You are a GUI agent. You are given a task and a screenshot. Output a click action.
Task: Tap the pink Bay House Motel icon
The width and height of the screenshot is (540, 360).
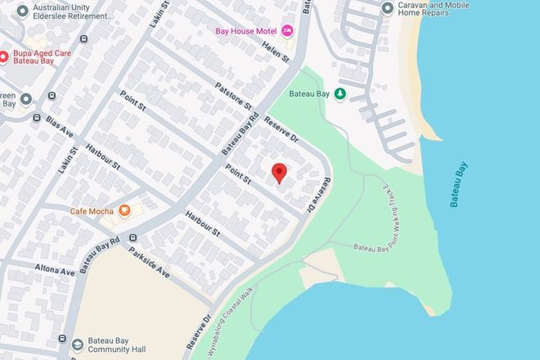coord(287,31)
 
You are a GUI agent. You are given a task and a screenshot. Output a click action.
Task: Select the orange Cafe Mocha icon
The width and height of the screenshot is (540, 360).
coord(124,209)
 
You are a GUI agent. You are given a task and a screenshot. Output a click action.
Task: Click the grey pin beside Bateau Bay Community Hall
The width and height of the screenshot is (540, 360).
coord(78,344)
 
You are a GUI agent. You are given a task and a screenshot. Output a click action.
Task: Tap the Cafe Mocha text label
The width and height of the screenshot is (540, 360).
coord(91,209)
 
